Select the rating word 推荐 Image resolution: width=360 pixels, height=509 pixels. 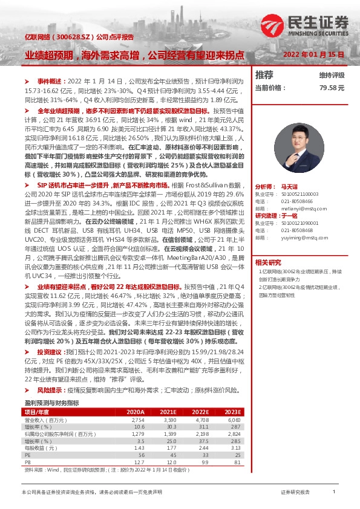(264, 75)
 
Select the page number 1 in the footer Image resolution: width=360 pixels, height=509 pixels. (333, 492)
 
